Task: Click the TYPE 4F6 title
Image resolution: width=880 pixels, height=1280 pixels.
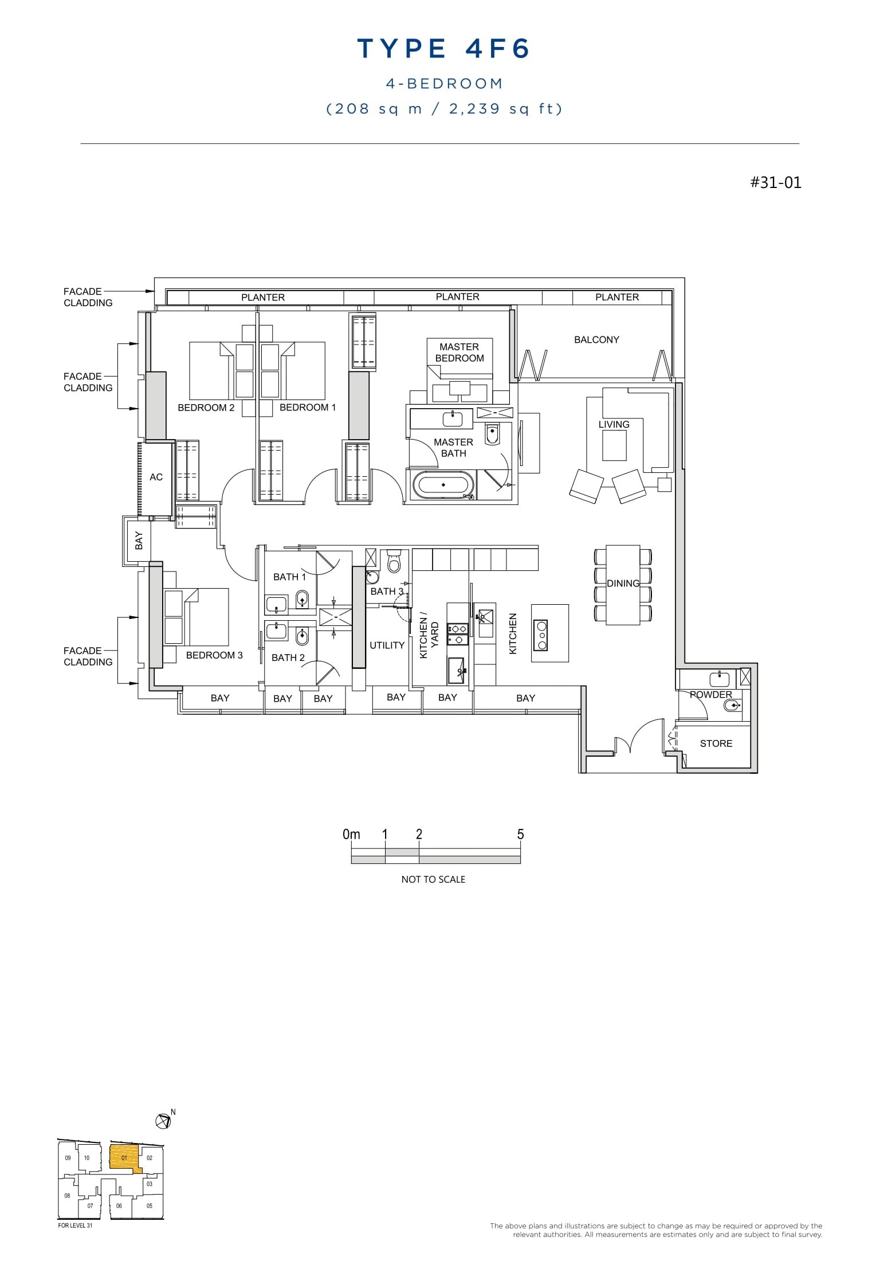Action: [443, 49]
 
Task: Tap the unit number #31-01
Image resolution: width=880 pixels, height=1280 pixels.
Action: [776, 182]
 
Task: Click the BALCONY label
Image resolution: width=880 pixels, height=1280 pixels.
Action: [596, 339]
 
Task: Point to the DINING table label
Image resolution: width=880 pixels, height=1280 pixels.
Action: [623, 583]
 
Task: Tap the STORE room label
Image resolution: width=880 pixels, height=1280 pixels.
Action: [716, 743]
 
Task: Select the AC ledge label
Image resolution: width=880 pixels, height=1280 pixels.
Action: [156, 477]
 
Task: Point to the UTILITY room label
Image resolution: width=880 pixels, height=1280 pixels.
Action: [387, 645]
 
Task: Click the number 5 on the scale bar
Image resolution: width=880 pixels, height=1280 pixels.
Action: [520, 834]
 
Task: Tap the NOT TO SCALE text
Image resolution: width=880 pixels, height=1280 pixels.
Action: [433, 879]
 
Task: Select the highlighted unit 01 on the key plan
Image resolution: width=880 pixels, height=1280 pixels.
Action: [124, 1158]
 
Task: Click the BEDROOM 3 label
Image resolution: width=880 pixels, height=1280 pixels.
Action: [214, 655]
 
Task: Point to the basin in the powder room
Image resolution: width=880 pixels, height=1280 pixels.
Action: [719, 679]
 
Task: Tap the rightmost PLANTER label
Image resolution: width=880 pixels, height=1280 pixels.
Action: [616, 297]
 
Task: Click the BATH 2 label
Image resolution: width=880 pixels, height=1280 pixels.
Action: [288, 657]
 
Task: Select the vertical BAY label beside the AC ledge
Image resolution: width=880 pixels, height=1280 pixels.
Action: [139, 541]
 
